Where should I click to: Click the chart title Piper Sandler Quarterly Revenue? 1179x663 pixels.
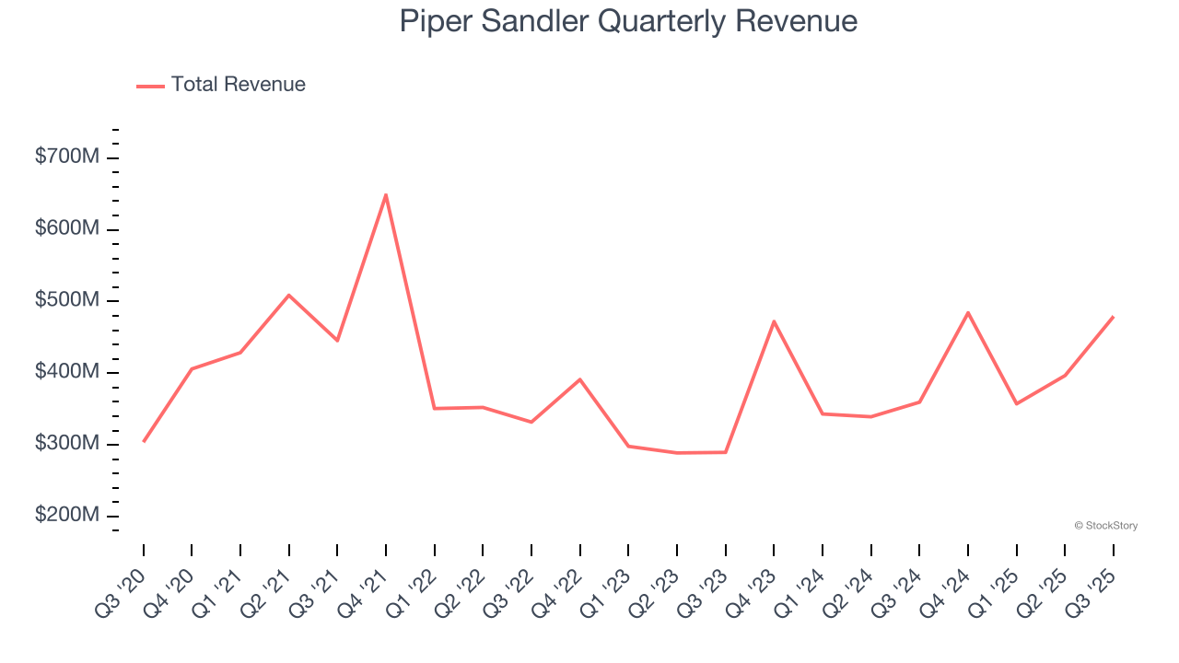coord(628,21)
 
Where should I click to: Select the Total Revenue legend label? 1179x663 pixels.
coord(238,85)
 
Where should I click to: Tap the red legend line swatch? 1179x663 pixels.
coord(150,86)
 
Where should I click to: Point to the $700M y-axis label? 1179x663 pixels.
coord(67,157)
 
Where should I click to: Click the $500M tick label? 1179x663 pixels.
coord(67,300)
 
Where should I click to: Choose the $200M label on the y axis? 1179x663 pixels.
coord(67,515)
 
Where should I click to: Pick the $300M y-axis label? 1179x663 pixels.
coord(67,443)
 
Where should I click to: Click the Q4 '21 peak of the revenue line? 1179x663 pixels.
coord(386,194)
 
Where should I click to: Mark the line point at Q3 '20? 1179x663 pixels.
coord(144,441)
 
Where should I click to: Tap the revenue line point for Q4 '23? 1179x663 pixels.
coord(774,321)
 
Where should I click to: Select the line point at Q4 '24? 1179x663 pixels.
coord(968,312)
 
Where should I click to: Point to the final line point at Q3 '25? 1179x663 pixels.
coord(1113,317)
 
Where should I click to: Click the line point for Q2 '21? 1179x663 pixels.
coord(289,296)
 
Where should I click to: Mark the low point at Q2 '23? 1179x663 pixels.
coord(677,453)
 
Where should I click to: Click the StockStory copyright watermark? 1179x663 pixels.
coord(1105,526)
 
